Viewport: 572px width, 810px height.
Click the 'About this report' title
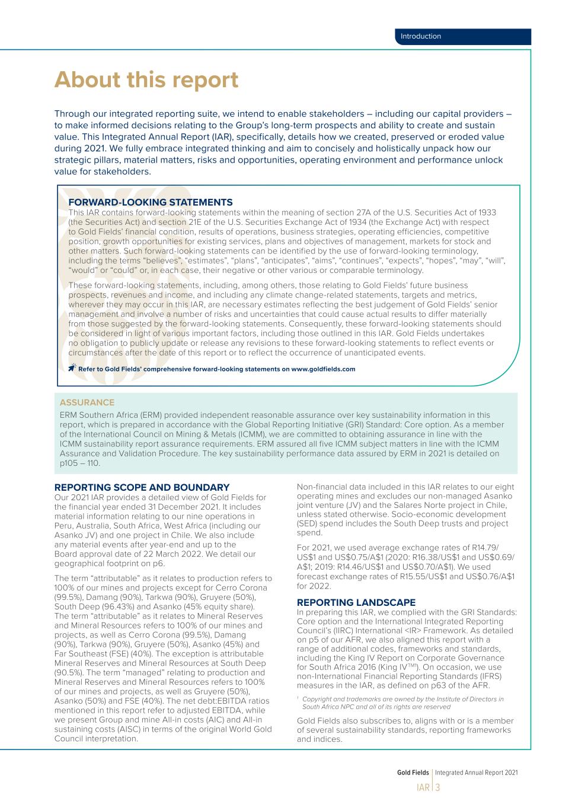[x=146, y=80]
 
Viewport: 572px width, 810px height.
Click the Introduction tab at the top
[x=421, y=36]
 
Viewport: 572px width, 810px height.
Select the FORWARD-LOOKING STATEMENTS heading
[x=151, y=202]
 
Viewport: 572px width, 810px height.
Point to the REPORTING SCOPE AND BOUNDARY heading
[x=142, y=487]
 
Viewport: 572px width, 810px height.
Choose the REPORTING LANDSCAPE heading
[x=356, y=602]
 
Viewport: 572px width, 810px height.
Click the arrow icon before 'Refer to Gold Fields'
[x=72, y=368]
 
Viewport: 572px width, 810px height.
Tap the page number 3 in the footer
[x=438, y=788]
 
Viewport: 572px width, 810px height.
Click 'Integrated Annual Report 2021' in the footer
[x=477, y=773]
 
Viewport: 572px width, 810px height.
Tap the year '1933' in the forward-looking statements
[x=485, y=212]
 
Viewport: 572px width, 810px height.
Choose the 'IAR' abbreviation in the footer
[x=423, y=788]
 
